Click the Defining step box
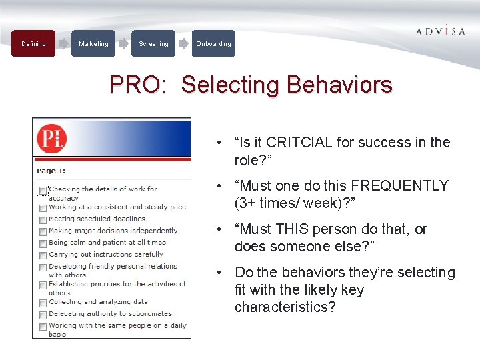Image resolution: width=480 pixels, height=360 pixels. (x=33, y=44)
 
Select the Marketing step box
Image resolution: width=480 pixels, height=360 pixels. (x=93, y=44)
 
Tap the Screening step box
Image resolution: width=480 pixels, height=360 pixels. (x=153, y=44)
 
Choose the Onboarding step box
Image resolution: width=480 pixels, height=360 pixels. (x=213, y=44)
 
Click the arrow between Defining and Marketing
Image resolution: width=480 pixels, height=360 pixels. (x=63, y=44)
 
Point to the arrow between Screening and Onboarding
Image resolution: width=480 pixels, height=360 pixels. (x=183, y=44)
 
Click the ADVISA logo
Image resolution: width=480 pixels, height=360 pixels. (x=440, y=31)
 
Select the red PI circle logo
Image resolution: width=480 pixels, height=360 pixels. (x=51, y=139)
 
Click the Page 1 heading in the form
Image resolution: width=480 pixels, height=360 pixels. (x=51, y=171)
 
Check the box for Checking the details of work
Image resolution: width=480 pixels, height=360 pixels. (x=43, y=191)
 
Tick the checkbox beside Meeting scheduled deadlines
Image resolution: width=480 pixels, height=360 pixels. (x=43, y=220)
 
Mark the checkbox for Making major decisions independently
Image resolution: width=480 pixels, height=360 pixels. (x=43, y=232)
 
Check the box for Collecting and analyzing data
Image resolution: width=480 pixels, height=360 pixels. (x=43, y=303)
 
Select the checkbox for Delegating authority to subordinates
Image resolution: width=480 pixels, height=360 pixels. (x=43, y=315)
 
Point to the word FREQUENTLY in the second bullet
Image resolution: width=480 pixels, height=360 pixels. (x=400, y=186)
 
